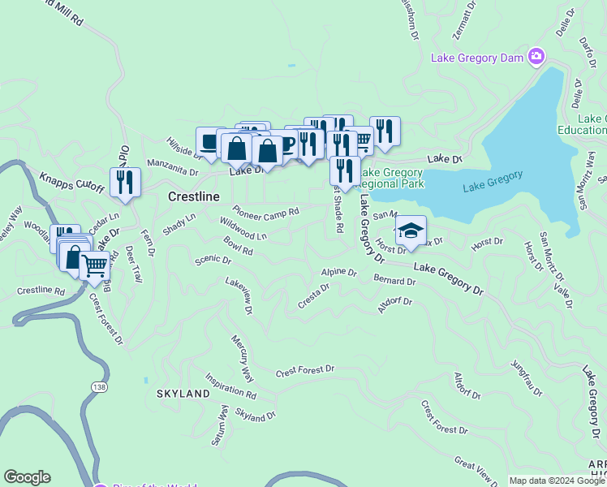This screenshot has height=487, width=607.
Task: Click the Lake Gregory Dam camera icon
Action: point(536,57)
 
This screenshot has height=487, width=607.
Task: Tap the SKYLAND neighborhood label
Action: point(183,394)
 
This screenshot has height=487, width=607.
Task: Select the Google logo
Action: point(27,477)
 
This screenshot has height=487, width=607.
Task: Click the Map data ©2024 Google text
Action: point(557,481)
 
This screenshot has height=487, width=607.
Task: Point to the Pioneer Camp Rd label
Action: point(269,213)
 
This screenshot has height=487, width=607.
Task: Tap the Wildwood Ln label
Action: point(243,228)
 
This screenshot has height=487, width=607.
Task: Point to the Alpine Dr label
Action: point(338,273)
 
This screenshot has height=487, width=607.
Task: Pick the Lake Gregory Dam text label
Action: point(477,58)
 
